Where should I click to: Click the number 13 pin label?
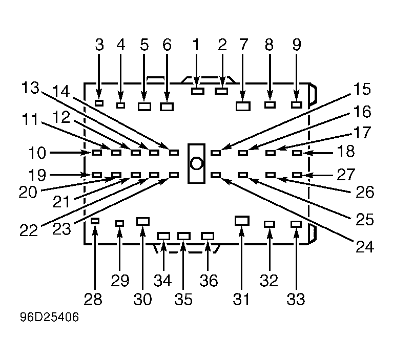click(x=31, y=88)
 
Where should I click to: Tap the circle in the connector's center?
click(x=196, y=163)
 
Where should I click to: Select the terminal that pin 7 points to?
click(x=243, y=106)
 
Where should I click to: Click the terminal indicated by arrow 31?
click(x=242, y=220)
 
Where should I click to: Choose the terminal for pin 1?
click(x=198, y=91)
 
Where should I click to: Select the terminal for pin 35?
click(x=183, y=236)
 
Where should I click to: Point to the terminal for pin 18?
click(x=297, y=153)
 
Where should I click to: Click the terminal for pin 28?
click(x=95, y=221)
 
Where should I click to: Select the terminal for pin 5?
click(x=144, y=107)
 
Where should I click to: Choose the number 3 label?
click(x=99, y=45)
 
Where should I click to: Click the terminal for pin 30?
click(x=143, y=221)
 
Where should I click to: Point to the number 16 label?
click(x=362, y=111)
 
